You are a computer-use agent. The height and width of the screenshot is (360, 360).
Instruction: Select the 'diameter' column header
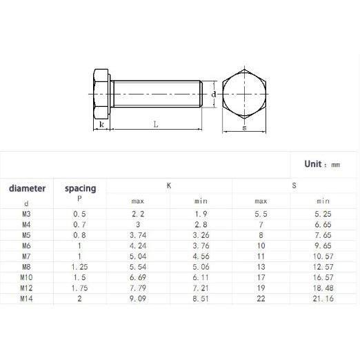(x=27, y=188)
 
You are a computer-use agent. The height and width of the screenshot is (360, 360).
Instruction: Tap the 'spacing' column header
(x=80, y=188)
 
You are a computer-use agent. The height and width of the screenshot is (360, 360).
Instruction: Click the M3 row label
(x=26, y=214)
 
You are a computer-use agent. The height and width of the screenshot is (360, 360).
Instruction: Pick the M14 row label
(x=26, y=299)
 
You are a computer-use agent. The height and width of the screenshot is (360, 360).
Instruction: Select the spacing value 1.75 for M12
(x=79, y=288)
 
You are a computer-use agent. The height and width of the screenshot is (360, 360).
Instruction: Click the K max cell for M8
(x=137, y=267)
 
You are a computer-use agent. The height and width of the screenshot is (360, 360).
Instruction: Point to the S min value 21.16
(x=323, y=299)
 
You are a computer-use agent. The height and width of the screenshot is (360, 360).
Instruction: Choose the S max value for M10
(x=261, y=277)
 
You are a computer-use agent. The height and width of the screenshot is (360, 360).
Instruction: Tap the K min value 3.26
(x=201, y=235)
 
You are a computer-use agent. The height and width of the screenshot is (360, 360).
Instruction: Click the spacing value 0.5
(x=79, y=214)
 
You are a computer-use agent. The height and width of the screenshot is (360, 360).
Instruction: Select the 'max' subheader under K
(x=137, y=201)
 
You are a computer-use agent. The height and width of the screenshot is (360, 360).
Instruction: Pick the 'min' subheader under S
(x=323, y=201)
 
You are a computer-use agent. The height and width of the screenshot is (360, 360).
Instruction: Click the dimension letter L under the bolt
(x=156, y=125)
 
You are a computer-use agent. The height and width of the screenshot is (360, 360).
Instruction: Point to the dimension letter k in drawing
(x=101, y=125)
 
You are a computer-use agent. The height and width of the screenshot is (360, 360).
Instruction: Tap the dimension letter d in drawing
(x=214, y=93)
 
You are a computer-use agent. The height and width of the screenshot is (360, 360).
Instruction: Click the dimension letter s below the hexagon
(x=245, y=128)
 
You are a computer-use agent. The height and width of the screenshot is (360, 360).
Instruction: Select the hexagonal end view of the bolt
(x=245, y=94)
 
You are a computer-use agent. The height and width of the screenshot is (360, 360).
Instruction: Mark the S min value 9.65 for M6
(x=323, y=246)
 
